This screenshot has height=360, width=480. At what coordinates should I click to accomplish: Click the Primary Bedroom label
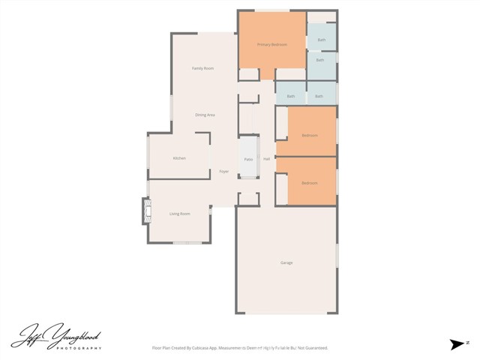(272, 45)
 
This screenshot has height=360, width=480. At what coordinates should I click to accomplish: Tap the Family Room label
(202, 68)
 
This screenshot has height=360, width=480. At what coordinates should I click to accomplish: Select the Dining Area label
(205, 115)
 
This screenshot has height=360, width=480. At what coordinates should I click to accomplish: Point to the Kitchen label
(179, 158)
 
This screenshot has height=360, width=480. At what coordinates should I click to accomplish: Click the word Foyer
(223, 172)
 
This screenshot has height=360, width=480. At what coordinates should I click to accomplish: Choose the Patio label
(248, 160)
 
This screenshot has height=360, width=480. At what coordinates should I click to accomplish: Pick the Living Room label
(179, 214)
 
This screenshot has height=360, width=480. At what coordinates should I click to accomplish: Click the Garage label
(286, 263)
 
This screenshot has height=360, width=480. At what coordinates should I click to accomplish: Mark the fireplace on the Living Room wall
(145, 211)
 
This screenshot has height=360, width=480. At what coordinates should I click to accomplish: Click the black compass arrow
(457, 344)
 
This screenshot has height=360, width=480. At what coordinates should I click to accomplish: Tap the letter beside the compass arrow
(467, 341)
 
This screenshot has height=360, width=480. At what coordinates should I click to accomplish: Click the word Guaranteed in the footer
(313, 348)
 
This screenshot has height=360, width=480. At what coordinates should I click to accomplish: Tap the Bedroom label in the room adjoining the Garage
(309, 183)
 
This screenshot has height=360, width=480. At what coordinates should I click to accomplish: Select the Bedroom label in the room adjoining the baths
(309, 135)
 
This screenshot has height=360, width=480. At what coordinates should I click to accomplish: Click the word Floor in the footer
(157, 348)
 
